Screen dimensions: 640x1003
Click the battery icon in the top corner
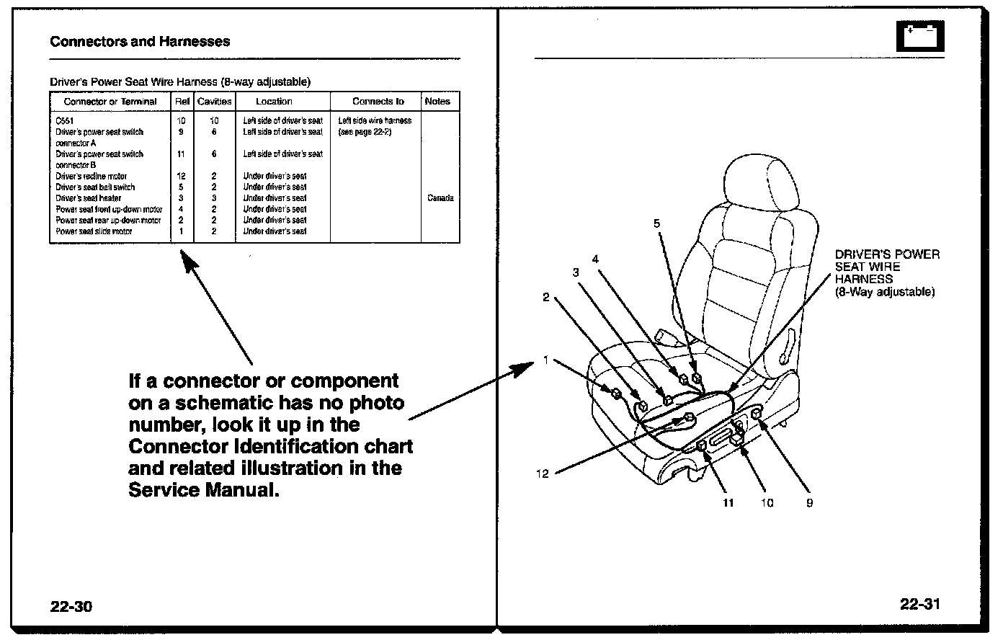[920, 36]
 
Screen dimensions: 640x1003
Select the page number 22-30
[71, 606]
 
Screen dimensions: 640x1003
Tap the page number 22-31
[919, 604]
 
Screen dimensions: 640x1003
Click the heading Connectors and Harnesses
[140, 41]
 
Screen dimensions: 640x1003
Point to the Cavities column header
[215, 102]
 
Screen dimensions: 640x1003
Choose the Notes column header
[437, 102]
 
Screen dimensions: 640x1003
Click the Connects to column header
[378, 102]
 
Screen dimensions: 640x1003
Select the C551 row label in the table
[65, 121]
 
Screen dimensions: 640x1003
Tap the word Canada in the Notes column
[440, 198]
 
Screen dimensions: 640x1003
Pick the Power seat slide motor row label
[94, 231]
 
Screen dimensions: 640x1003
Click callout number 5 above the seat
[656, 223]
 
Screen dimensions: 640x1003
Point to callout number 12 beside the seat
[543, 474]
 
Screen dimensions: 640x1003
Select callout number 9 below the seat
[809, 503]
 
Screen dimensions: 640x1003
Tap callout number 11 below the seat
[728, 503]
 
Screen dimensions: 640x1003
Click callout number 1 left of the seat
[546, 360]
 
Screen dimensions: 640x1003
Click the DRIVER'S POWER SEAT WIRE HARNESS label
[887, 273]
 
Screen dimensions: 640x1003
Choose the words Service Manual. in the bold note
[203, 490]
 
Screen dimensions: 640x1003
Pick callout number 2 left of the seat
[546, 297]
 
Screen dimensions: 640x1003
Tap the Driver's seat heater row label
[89, 198]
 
